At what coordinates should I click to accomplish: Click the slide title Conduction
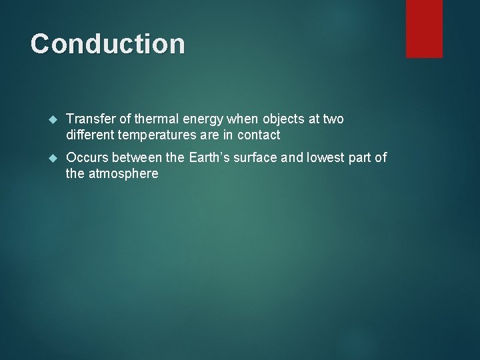pyautogui.click(x=107, y=44)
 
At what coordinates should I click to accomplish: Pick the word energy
pyautogui.click(x=203, y=120)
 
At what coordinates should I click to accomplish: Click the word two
pyautogui.click(x=333, y=119)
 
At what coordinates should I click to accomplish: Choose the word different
pyautogui.click(x=91, y=135)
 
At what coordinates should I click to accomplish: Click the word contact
pyautogui.click(x=257, y=135)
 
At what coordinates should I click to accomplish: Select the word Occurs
pyautogui.click(x=87, y=158)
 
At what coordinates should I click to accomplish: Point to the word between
pyautogui.click(x=138, y=158)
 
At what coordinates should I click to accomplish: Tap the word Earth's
pyautogui.click(x=209, y=158)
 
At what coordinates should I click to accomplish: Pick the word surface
pyautogui.click(x=255, y=158)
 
